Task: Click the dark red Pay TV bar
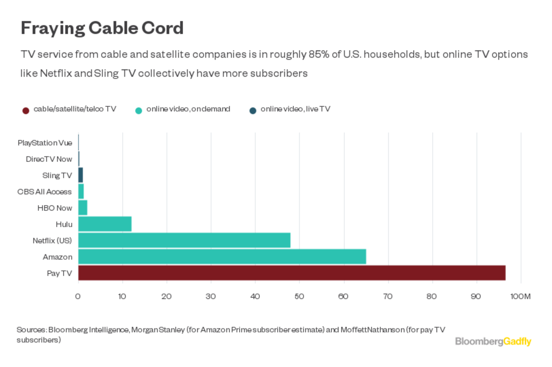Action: point(292,273)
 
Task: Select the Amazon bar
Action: point(222,257)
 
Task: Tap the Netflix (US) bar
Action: point(184,241)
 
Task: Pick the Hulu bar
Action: point(105,224)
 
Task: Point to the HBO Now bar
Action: point(83,208)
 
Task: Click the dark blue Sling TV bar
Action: point(80,175)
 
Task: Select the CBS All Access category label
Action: point(45,192)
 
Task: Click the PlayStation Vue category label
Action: point(45,143)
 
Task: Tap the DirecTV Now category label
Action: point(49,159)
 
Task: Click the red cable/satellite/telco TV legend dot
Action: point(26,110)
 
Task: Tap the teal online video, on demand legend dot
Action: point(138,110)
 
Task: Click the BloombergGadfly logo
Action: point(493,341)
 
